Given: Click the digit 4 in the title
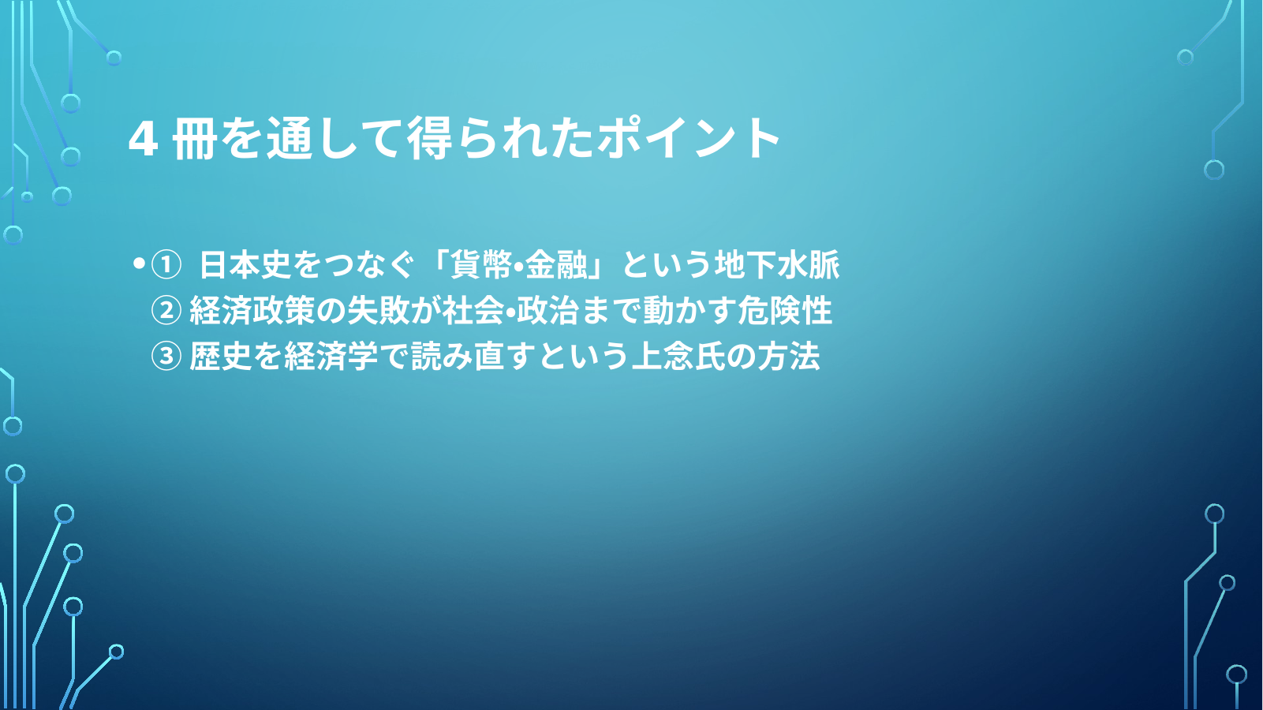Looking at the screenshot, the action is [x=143, y=139].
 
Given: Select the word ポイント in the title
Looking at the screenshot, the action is [x=689, y=139].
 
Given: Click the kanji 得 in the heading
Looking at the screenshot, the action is [x=429, y=139].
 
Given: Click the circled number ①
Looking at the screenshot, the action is [x=166, y=265].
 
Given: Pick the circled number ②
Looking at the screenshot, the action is [x=166, y=310].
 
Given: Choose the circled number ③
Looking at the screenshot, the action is [x=166, y=356].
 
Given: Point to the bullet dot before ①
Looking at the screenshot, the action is [x=139, y=263].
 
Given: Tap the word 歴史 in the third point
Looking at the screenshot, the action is [x=220, y=356].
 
